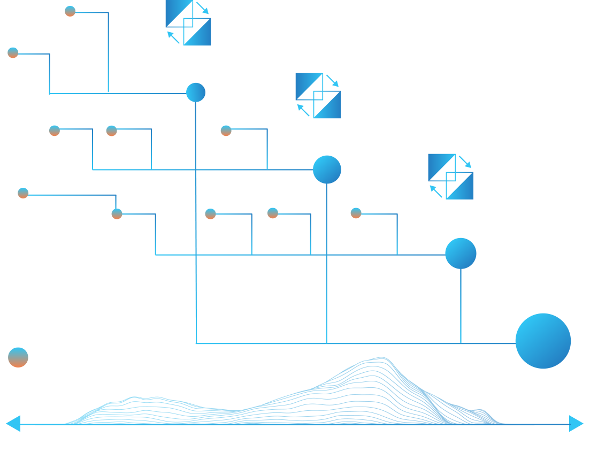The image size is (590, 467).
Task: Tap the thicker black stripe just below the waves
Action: (295, 437)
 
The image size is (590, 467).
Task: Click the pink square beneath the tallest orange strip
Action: (55, 190)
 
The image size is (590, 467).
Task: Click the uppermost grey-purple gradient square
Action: (91, 29)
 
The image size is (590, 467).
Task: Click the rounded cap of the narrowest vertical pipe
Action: (196, 91)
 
